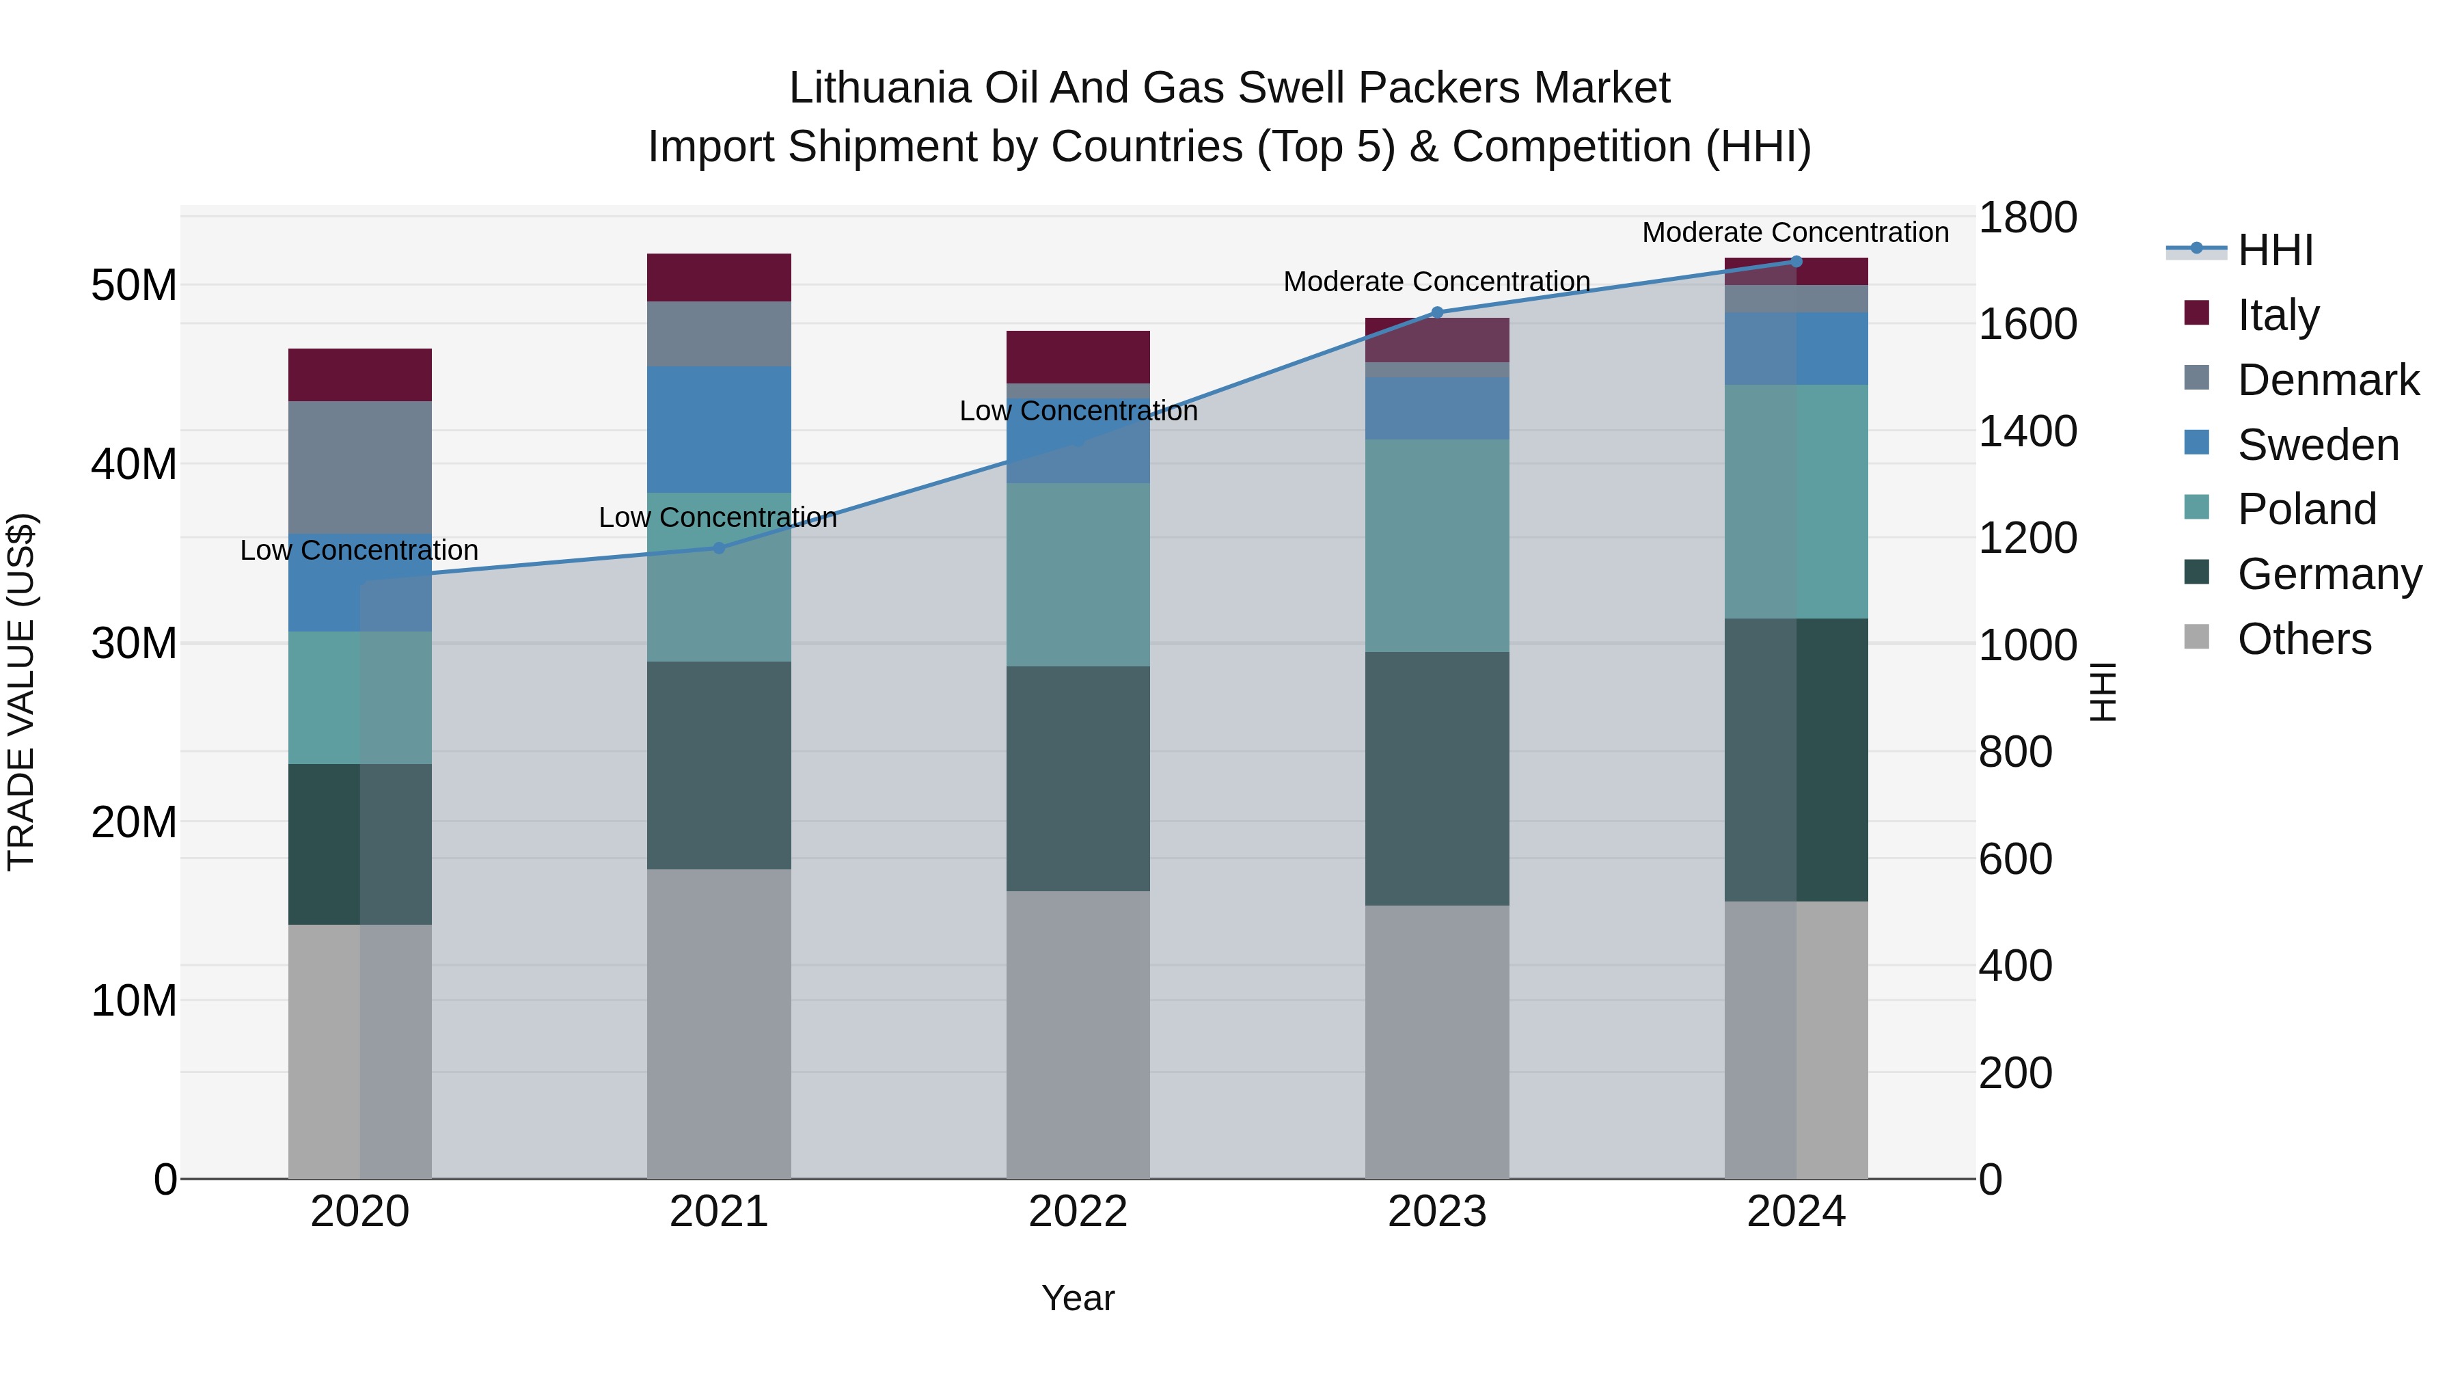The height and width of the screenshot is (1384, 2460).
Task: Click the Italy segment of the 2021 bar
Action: (x=718, y=277)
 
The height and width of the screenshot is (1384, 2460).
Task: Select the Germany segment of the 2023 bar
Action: (x=1436, y=778)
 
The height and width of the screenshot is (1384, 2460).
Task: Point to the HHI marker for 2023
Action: (x=1436, y=312)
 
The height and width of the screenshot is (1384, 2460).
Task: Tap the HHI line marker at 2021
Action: (x=719, y=548)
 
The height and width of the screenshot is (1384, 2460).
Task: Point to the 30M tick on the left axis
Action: (x=134, y=644)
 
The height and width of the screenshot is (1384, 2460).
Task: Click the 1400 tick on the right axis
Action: (x=2027, y=431)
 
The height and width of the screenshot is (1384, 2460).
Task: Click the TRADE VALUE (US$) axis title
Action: (x=21, y=692)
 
